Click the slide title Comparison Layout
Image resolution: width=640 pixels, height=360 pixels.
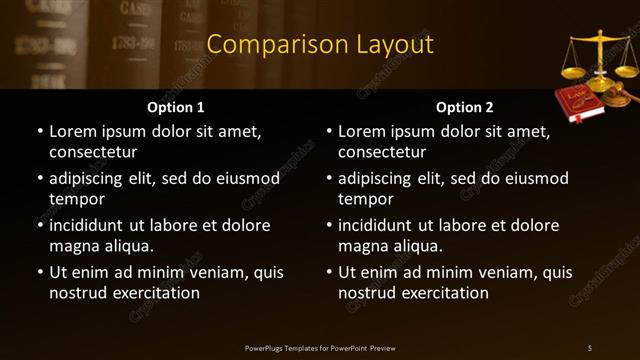pos(320,45)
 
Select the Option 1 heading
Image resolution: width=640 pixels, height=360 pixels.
pos(176,107)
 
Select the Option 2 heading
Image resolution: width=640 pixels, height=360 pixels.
pos(465,107)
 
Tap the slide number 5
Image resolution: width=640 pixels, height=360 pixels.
pos(590,347)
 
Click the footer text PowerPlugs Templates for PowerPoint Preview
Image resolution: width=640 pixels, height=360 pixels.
pos(320,347)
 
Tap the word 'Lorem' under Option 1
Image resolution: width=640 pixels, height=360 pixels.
pos(72,131)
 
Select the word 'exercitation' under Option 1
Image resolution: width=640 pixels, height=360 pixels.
pos(155,293)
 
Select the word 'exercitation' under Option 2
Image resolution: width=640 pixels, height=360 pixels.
pos(444,293)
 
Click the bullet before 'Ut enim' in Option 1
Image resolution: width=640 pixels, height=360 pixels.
pos(39,272)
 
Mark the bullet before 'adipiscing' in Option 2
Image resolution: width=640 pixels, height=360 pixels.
pos(328,178)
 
